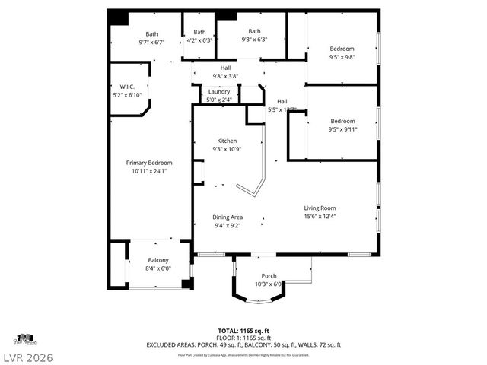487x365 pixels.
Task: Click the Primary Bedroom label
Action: click(x=148, y=163)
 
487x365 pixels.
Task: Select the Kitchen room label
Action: click(x=227, y=141)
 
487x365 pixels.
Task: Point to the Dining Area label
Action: click(x=228, y=217)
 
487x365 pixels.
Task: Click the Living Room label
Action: click(x=320, y=208)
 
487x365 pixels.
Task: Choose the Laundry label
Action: click(x=219, y=92)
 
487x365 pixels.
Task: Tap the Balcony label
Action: click(x=159, y=261)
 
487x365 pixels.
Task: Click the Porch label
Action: click(x=269, y=275)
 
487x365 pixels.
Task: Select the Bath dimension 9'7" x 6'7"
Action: click(x=151, y=43)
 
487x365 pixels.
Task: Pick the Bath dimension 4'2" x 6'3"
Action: click(x=199, y=40)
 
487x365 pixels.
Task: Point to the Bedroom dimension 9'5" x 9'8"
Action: click(x=342, y=57)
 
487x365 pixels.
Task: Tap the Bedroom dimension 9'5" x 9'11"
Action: click(x=342, y=129)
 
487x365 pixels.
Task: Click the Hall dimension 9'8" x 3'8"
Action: click(x=225, y=76)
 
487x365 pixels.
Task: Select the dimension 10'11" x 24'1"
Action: click(x=148, y=171)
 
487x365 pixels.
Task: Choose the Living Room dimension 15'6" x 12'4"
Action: click(x=320, y=217)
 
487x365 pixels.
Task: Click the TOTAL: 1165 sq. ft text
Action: click(x=243, y=331)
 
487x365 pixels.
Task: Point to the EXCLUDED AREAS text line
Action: click(x=243, y=344)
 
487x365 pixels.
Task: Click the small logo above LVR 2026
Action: click(x=24, y=338)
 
